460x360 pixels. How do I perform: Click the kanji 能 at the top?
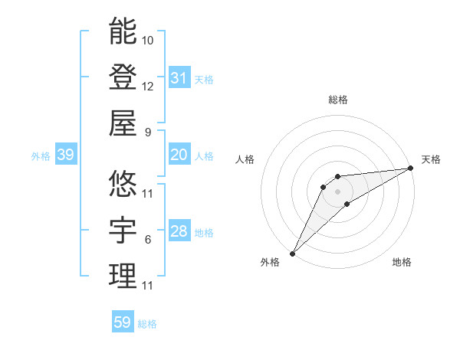123,31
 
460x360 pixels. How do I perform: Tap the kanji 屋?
123,123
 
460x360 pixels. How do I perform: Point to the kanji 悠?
123,184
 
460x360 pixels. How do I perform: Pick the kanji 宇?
123,230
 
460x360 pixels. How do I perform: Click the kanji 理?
123,276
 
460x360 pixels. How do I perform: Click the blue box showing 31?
179,78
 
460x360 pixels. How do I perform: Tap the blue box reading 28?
179,232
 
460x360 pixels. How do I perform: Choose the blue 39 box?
65,155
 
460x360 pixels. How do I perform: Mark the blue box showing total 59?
122,322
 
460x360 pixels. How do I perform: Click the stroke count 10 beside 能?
148,40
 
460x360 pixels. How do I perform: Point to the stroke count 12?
148,86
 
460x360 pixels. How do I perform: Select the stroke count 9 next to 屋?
148,132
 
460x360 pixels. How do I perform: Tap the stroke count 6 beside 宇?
148,240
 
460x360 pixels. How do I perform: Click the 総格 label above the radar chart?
337,100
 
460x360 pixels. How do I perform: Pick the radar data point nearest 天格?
411,168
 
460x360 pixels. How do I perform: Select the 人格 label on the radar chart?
246,159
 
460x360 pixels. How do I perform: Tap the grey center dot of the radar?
337,191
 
